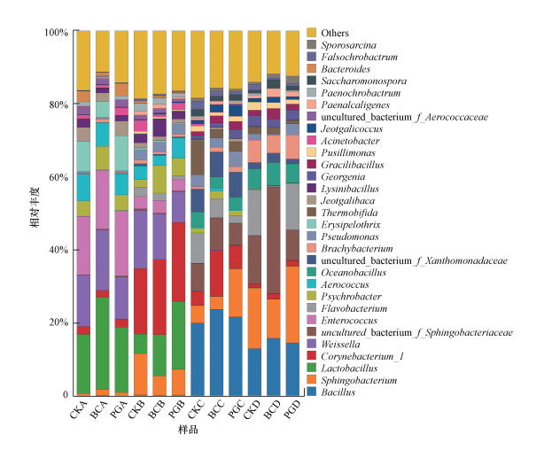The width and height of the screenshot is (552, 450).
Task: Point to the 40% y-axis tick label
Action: click(x=57, y=250)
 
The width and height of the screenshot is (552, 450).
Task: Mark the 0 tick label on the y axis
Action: click(x=65, y=394)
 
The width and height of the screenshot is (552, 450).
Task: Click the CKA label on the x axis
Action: click(x=81, y=413)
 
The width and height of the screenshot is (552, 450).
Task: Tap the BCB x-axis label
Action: click(x=157, y=413)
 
